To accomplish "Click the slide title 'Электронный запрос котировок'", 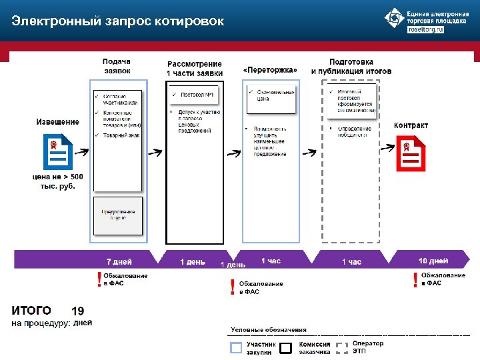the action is (117, 21).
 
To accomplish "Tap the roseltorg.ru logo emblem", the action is (395, 19).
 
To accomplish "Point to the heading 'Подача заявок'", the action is (117, 65).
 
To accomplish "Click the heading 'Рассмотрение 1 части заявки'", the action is (195, 68).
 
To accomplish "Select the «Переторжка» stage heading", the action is (269, 70).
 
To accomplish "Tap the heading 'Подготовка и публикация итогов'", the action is (351, 66).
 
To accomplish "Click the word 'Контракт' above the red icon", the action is (411, 125).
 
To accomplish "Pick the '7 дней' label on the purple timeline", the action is (119, 261).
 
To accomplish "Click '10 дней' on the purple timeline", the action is (433, 261).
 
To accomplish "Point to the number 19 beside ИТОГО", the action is (77, 311).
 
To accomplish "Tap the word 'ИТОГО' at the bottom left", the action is (31, 310).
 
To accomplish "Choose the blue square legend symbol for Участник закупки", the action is (236, 347).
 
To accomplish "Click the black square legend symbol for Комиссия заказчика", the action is (286, 347).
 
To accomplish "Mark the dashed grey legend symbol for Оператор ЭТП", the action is (342, 347).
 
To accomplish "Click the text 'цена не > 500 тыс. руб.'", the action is (58, 181).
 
